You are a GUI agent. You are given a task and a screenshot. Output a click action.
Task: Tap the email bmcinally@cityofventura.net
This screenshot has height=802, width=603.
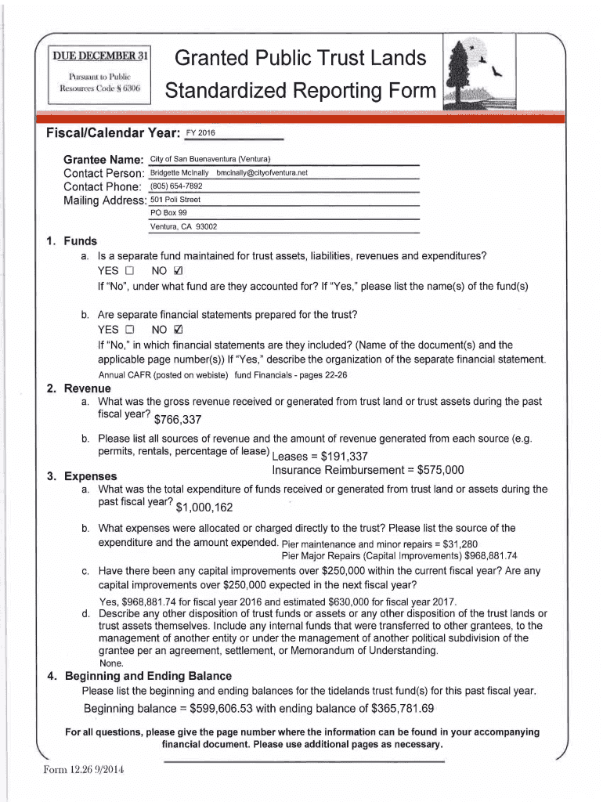262,172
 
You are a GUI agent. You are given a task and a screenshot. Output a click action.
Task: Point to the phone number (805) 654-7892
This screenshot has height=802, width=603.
176,186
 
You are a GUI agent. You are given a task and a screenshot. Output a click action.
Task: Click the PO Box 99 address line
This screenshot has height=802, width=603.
168,213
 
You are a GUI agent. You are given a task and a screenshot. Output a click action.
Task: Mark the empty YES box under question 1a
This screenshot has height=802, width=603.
130,271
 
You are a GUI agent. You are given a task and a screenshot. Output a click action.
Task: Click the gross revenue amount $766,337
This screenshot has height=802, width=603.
179,420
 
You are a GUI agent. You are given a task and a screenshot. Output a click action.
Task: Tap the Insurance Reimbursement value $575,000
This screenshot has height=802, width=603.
441,471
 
